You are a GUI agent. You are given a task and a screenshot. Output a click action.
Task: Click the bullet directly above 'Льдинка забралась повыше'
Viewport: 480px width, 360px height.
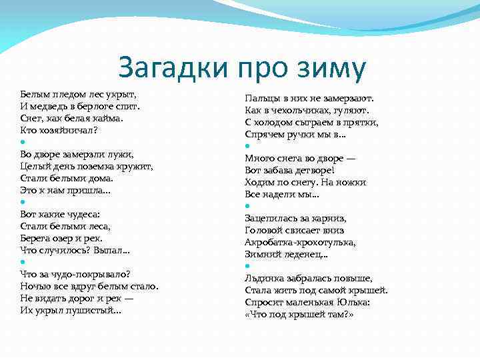coord(247,266)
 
